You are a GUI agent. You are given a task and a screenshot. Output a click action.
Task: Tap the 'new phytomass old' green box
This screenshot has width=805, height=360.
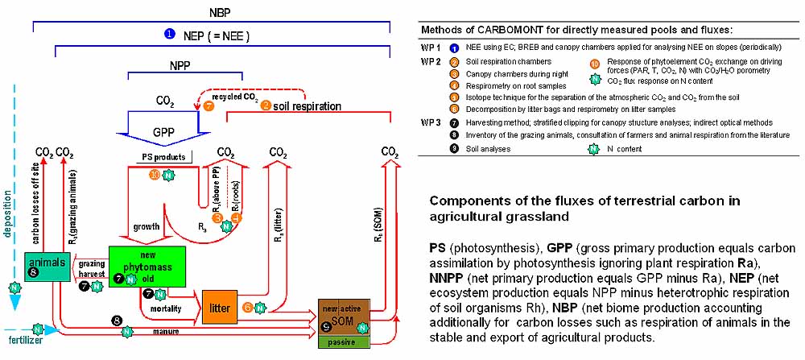[147, 262]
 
